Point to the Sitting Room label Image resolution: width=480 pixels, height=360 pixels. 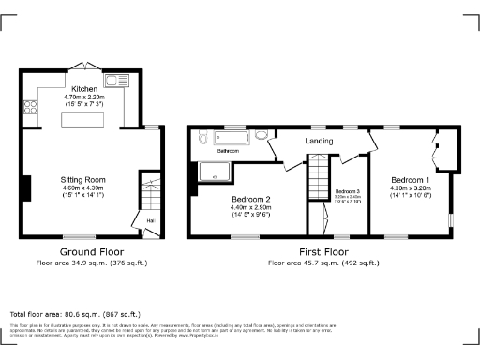(x=82, y=179)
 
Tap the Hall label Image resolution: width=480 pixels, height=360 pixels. (x=150, y=221)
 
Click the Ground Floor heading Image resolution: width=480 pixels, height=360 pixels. (x=92, y=253)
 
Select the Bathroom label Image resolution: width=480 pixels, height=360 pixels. (x=228, y=150)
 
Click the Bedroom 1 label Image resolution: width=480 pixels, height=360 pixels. (x=410, y=179)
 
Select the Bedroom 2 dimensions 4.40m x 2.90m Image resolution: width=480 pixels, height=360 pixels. (x=251, y=207)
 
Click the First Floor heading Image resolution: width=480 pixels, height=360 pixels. (x=322, y=253)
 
